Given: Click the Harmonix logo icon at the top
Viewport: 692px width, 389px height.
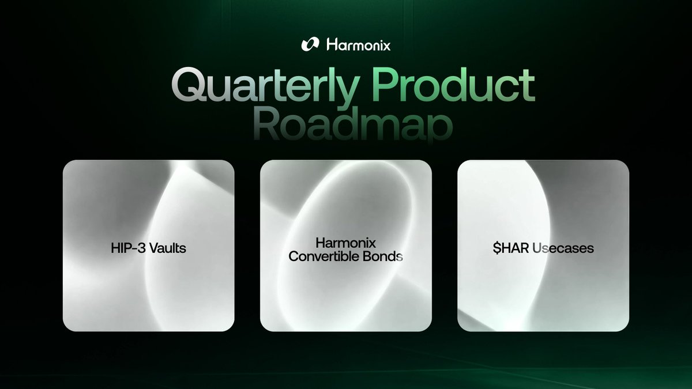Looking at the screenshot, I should click(x=310, y=44).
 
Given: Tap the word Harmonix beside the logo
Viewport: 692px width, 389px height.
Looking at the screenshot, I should click(x=358, y=44).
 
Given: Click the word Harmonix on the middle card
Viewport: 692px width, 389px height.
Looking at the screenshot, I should click(x=345, y=243).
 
